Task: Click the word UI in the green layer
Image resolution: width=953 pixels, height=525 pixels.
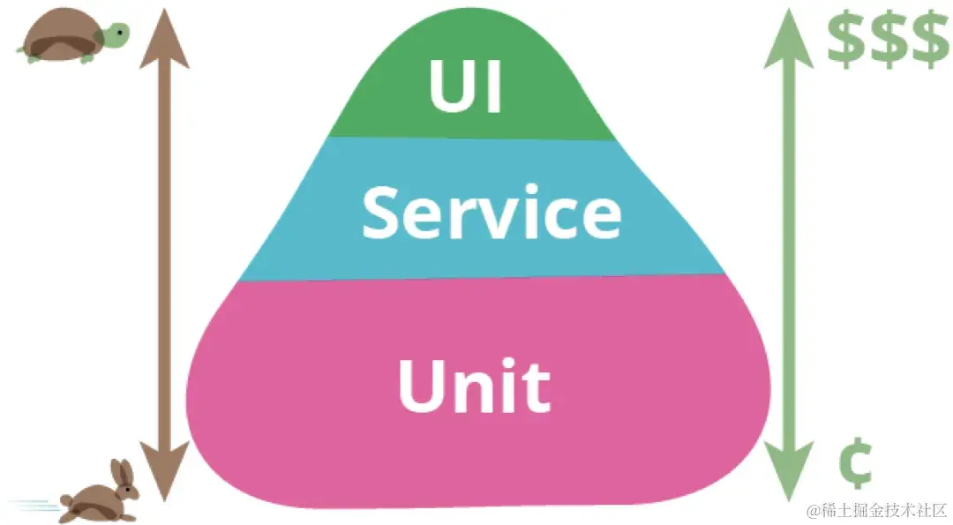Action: [x=466, y=87]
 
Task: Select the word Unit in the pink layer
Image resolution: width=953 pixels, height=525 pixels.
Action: [x=475, y=386]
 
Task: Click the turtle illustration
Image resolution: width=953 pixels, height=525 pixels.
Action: [x=71, y=40]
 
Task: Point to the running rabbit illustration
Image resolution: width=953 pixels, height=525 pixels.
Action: [x=99, y=495]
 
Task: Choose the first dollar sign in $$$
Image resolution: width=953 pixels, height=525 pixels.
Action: [x=846, y=41]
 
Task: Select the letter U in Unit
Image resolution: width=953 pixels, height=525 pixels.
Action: [x=420, y=386]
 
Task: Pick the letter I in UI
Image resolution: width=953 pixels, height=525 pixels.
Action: [x=493, y=87]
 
